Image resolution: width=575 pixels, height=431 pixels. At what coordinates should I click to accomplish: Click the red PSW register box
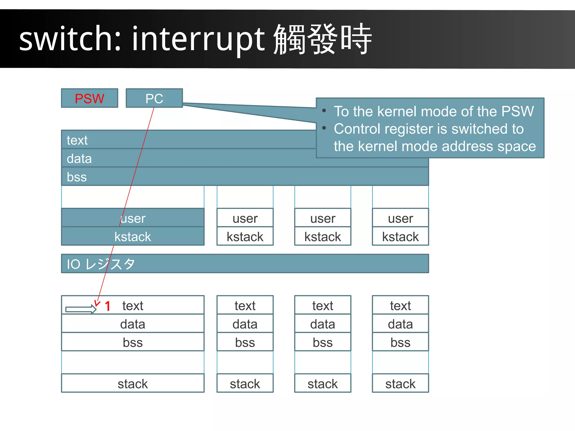(x=90, y=98)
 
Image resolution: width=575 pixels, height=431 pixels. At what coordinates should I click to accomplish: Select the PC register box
(x=154, y=98)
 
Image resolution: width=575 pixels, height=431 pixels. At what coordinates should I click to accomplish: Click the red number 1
(x=108, y=306)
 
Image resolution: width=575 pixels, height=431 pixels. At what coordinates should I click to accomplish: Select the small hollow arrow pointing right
(x=81, y=309)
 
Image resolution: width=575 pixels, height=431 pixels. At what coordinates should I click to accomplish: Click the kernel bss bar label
(x=77, y=177)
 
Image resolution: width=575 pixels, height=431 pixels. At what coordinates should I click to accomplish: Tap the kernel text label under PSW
(x=77, y=140)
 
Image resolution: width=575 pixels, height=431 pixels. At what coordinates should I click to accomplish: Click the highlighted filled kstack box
(x=133, y=236)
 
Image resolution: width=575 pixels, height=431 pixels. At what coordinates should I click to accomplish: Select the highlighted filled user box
(x=133, y=218)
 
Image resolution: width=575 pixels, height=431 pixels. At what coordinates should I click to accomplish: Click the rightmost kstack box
(x=400, y=236)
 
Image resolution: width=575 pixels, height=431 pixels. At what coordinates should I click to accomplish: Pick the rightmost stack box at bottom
(x=400, y=384)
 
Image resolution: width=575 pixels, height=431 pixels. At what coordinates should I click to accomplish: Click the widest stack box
(x=133, y=384)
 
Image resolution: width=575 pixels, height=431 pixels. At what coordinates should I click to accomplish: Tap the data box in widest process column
(x=133, y=324)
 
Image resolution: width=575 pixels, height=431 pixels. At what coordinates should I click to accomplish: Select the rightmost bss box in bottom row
(x=400, y=342)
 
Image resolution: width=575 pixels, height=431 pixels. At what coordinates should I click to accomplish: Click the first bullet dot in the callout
(x=324, y=111)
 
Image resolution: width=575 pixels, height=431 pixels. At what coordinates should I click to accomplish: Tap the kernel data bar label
(x=79, y=159)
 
